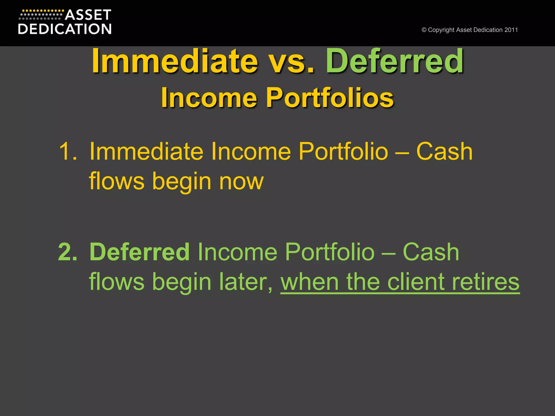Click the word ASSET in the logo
point(88,15)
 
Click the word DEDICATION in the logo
point(65,29)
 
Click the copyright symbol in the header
point(424,30)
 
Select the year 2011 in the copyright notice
point(511,30)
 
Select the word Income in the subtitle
point(209,98)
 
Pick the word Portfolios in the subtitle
point(330,98)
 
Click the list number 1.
point(68,152)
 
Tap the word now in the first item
point(241,181)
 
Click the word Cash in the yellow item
point(444,152)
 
